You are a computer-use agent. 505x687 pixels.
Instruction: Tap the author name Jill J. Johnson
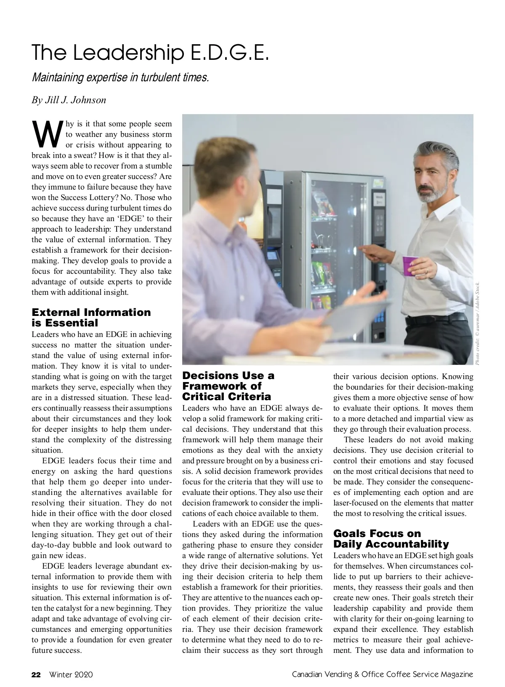point(69,100)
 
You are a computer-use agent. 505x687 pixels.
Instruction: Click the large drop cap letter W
point(47,134)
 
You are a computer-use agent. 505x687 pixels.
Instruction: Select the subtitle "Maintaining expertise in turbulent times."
point(120,78)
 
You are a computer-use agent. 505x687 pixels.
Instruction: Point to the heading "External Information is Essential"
point(91,318)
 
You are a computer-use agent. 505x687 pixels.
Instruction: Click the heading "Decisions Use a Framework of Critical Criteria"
point(228,386)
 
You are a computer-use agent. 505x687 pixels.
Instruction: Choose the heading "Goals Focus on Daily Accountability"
point(391,539)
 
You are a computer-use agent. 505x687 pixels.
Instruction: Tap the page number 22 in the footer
point(36,674)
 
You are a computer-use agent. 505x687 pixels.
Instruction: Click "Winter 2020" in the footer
point(71,674)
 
